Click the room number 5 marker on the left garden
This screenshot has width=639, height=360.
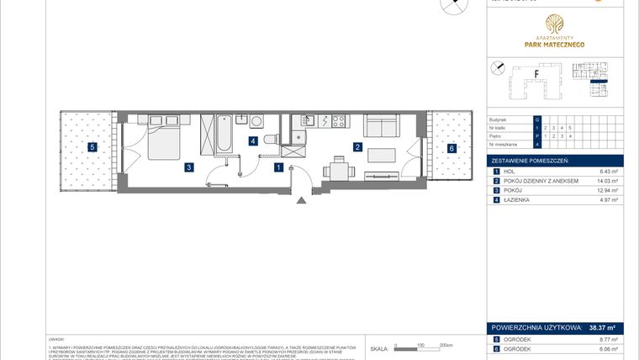(x=92, y=148)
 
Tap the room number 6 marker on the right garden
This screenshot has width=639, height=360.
(x=452, y=148)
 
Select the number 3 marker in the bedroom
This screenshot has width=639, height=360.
(x=190, y=168)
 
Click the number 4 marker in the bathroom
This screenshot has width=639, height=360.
(x=252, y=141)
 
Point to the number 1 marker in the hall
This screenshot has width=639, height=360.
(x=278, y=167)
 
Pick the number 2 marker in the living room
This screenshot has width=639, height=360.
(x=357, y=148)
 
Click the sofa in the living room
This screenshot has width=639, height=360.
(x=381, y=128)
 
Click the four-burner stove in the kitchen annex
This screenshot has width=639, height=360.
(x=338, y=121)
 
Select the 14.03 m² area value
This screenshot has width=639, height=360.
(x=605, y=181)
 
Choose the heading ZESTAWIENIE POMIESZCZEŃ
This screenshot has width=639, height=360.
(x=531, y=159)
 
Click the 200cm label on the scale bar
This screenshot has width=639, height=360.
(x=446, y=345)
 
